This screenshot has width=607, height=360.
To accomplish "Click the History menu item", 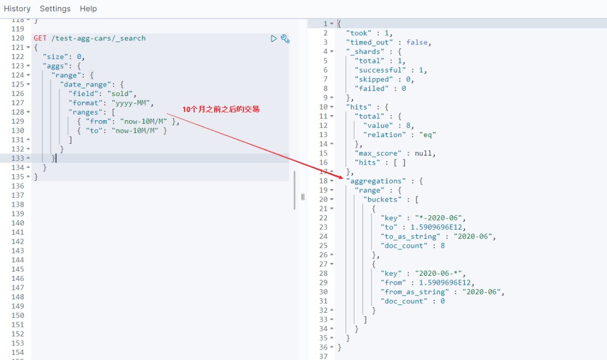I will (x=17, y=8).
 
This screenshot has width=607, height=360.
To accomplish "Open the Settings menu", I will (x=55, y=8).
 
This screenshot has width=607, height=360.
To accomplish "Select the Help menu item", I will (x=88, y=8).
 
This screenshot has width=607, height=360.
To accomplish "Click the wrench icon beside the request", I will (x=285, y=39).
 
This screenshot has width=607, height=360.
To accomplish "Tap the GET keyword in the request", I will (x=40, y=38).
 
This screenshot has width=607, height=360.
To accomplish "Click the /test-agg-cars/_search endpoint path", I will (x=98, y=38).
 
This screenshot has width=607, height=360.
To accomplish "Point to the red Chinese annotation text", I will (x=221, y=109).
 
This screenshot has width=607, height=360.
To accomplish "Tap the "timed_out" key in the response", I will (x=371, y=42).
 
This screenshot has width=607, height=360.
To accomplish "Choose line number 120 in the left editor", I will (x=17, y=38).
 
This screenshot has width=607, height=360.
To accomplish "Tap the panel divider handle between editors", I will (x=302, y=197).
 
